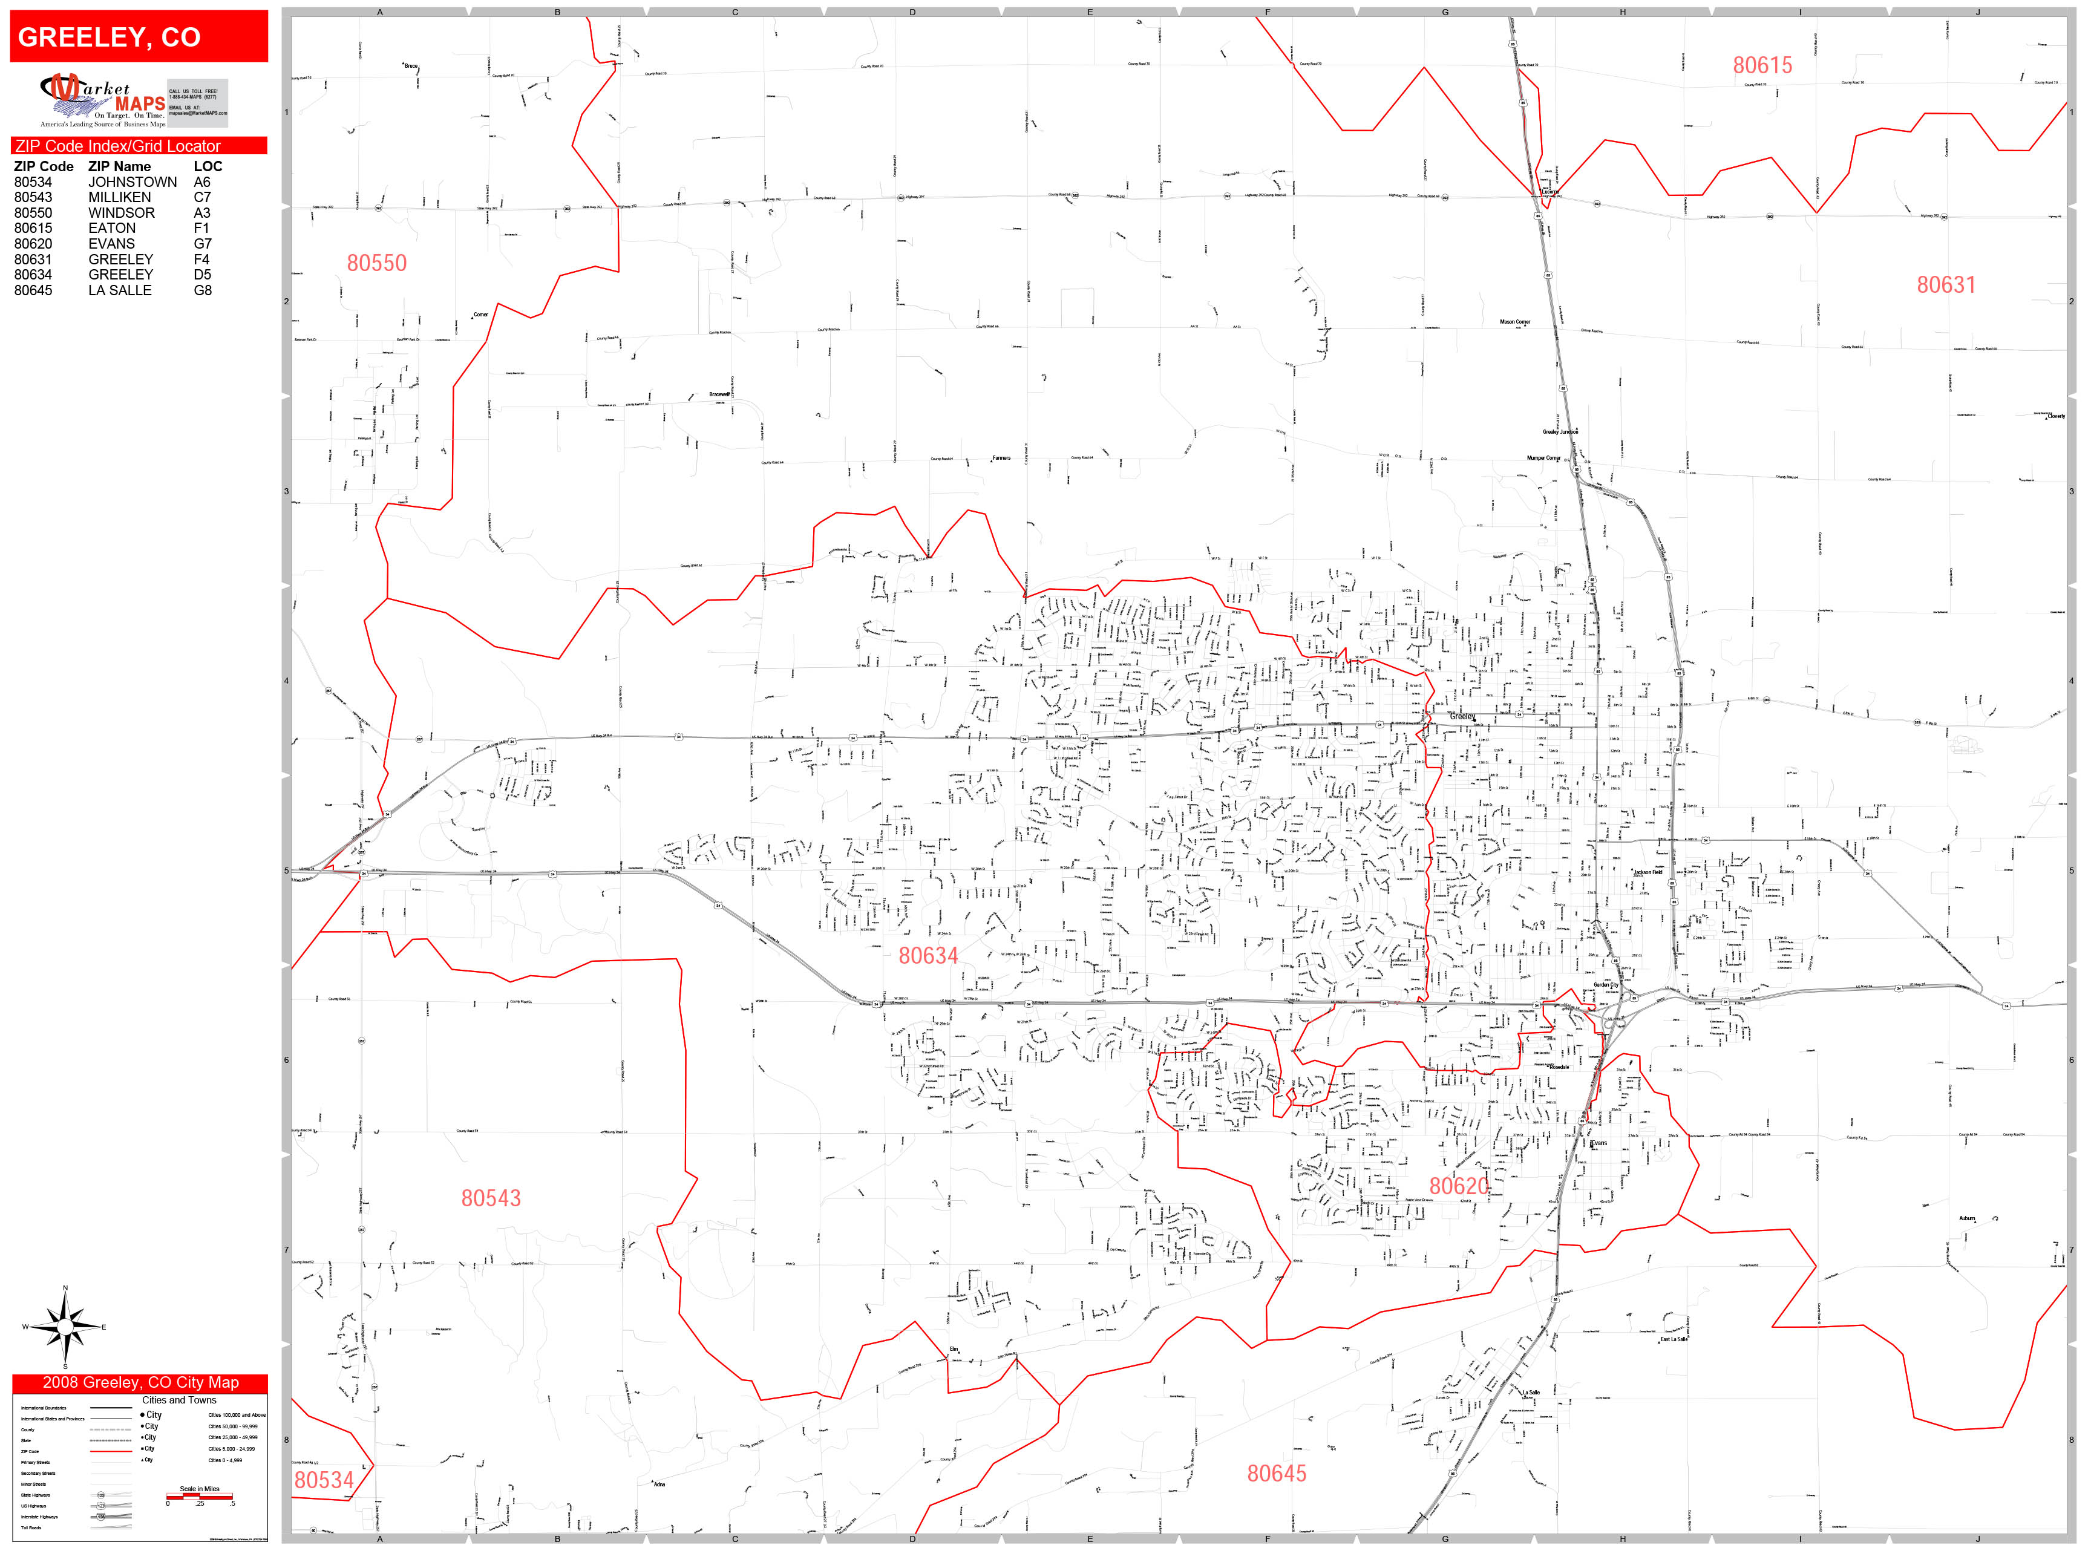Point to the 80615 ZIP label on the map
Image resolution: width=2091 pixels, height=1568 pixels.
click(1762, 66)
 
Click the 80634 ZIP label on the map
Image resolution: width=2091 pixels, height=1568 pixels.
click(928, 956)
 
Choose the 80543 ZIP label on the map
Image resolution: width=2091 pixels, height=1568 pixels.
click(491, 1198)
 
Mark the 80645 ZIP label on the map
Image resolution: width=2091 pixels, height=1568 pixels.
click(1276, 1474)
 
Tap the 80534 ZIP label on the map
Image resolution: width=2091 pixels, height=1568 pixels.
click(323, 1480)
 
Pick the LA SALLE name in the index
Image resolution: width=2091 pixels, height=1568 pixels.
click(120, 291)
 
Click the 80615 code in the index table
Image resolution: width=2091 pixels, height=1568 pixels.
click(33, 229)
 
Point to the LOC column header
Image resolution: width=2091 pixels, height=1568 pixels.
click(208, 166)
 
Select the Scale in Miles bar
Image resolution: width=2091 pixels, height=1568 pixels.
click(200, 1496)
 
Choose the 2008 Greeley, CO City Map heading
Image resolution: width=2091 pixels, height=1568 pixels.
click(140, 1383)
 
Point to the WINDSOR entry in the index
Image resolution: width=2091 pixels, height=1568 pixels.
click(122, 214)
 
